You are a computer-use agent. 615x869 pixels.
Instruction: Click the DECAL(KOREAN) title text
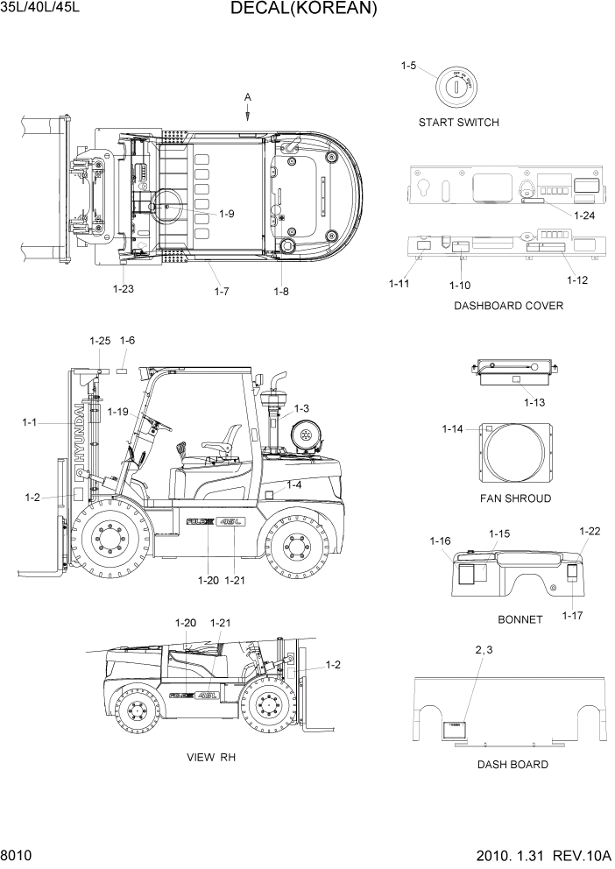coord(304,10)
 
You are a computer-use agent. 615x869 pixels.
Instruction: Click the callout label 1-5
coord(408,66)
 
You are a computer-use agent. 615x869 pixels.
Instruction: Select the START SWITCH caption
coord(458,123)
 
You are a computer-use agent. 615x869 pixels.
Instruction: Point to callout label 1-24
coord(583,214)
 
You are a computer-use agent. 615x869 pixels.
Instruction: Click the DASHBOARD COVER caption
coord(508,306)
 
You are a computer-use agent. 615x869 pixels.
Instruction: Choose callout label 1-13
coord(534,403)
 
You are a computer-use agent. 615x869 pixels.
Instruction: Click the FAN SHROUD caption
coord(515,498)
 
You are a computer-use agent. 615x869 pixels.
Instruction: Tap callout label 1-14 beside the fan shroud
coord(452,428)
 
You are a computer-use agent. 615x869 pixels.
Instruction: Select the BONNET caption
coord(520,619)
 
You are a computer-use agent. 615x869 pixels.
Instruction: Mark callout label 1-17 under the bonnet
coord(572,615)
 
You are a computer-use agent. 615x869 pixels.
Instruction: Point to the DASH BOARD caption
coord(512,765)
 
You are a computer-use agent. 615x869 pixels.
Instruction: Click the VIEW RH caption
coord(211,757)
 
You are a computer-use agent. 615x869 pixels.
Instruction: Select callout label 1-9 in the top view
coord(227,213)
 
